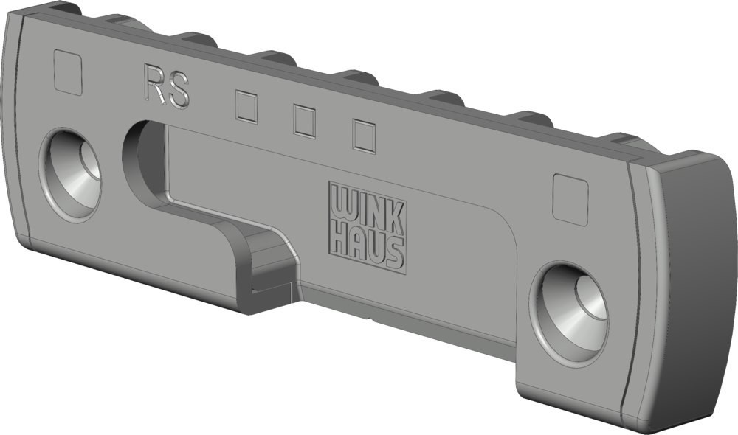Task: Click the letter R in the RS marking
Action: click(154, 84)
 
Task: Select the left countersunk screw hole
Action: click(71, 174)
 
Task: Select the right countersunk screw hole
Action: click(569, 313)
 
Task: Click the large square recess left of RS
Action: click(68, 72)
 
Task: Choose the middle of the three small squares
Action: click(304, 122)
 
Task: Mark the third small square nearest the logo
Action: click(365, 136)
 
